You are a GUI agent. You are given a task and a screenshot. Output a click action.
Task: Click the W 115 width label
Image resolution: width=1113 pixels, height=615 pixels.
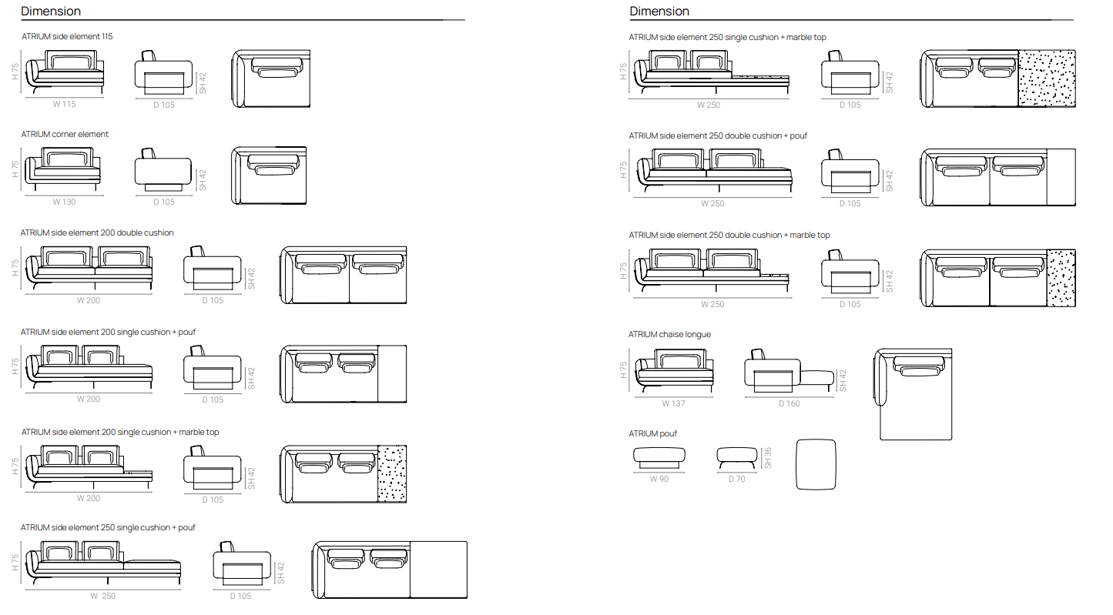[64, 104]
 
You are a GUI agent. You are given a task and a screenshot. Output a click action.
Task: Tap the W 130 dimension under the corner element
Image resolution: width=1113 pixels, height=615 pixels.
[64, 202]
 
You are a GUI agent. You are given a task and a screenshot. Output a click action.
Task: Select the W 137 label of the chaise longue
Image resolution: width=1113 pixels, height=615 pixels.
[673, 403]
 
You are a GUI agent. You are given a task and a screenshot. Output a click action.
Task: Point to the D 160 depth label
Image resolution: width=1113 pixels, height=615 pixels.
[789, 403]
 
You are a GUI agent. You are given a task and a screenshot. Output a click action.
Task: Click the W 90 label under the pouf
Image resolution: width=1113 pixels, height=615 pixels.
[659, 479]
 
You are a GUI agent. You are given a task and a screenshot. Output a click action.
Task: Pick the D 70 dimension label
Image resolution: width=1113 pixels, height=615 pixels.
[737, 479]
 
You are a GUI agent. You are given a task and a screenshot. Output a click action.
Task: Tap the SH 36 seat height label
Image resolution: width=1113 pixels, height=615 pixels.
[768, 458]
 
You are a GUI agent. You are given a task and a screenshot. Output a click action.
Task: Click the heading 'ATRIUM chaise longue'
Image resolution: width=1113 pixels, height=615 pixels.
[669, 335]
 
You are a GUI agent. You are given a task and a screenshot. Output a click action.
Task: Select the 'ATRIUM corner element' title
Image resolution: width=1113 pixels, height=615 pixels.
[65, 135]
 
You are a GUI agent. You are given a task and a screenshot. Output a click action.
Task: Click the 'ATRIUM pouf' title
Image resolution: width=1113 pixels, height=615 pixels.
[652, 434]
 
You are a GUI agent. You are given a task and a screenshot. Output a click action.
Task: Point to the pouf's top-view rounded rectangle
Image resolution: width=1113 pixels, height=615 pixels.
[816, 464]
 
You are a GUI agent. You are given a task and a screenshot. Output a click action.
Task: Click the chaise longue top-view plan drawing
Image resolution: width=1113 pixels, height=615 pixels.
[913, 394]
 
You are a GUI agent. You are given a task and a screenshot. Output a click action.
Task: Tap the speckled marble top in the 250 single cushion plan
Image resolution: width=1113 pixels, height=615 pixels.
[1047, 79]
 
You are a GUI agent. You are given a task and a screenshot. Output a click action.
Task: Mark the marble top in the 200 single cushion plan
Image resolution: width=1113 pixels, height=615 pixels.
[392, 474]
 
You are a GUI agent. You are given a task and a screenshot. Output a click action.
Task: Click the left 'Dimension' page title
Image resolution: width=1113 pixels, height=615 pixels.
[51, 11]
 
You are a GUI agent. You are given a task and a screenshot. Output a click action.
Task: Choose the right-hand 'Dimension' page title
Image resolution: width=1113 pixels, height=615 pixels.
[659, 11]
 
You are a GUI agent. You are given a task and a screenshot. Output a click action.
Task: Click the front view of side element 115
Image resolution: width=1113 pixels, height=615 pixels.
[65, 72]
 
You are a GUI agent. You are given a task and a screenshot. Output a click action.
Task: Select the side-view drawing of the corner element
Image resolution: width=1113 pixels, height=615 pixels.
[163, 170]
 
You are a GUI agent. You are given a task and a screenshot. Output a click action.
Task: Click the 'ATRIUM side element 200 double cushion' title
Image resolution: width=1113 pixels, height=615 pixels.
[97, 232]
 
